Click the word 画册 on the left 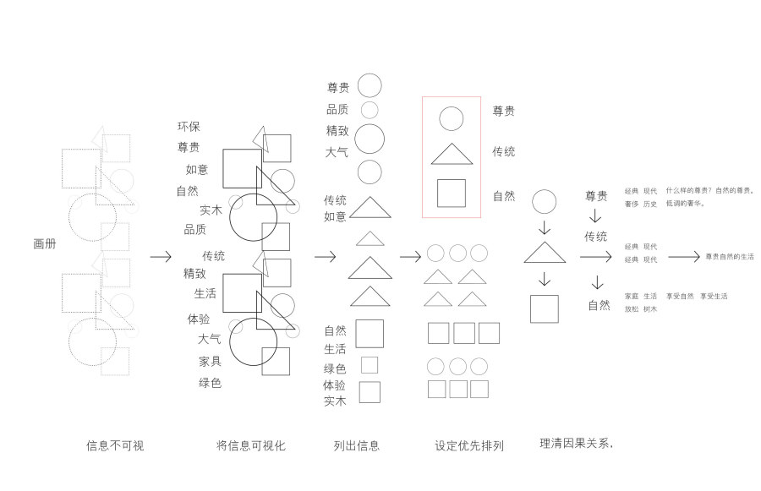(x=45, y=244)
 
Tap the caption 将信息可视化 (x=250, y=445)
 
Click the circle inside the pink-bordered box (x=452, y=118)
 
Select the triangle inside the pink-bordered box (x=452, y=155)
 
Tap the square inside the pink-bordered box (x=452, y=193)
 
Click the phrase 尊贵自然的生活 (x=730, y=256)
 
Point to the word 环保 (x=189, y=127)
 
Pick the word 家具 (x=211, y=362)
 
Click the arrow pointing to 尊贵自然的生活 (x=683, y=256)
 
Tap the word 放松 (x=632, y=309)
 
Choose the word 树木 (x=649, y=309)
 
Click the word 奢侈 (x=632, y=204)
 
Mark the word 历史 (x=649, y=204)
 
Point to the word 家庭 (x=632, y=297)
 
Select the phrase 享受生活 (x=714, y=297)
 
